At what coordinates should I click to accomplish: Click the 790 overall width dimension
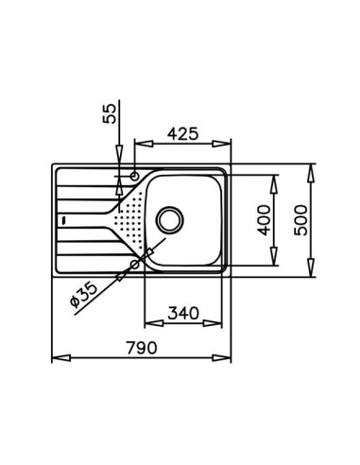click(x=142, y=348)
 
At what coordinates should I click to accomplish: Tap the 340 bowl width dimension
click(x=183, y=313)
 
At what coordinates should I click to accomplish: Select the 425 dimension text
click(x=183, y=134)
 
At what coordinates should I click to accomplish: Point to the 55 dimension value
click(x=110, y=113)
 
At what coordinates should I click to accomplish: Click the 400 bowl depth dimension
click(x=265, y=220)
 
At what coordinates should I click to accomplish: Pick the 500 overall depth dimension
click(x=300, y=220)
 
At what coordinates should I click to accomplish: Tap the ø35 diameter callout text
click(x=83, y=294)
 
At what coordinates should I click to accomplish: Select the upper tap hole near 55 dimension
click(x=134, y=176)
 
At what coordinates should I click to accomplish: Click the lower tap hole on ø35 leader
click(x=135, y=265)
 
